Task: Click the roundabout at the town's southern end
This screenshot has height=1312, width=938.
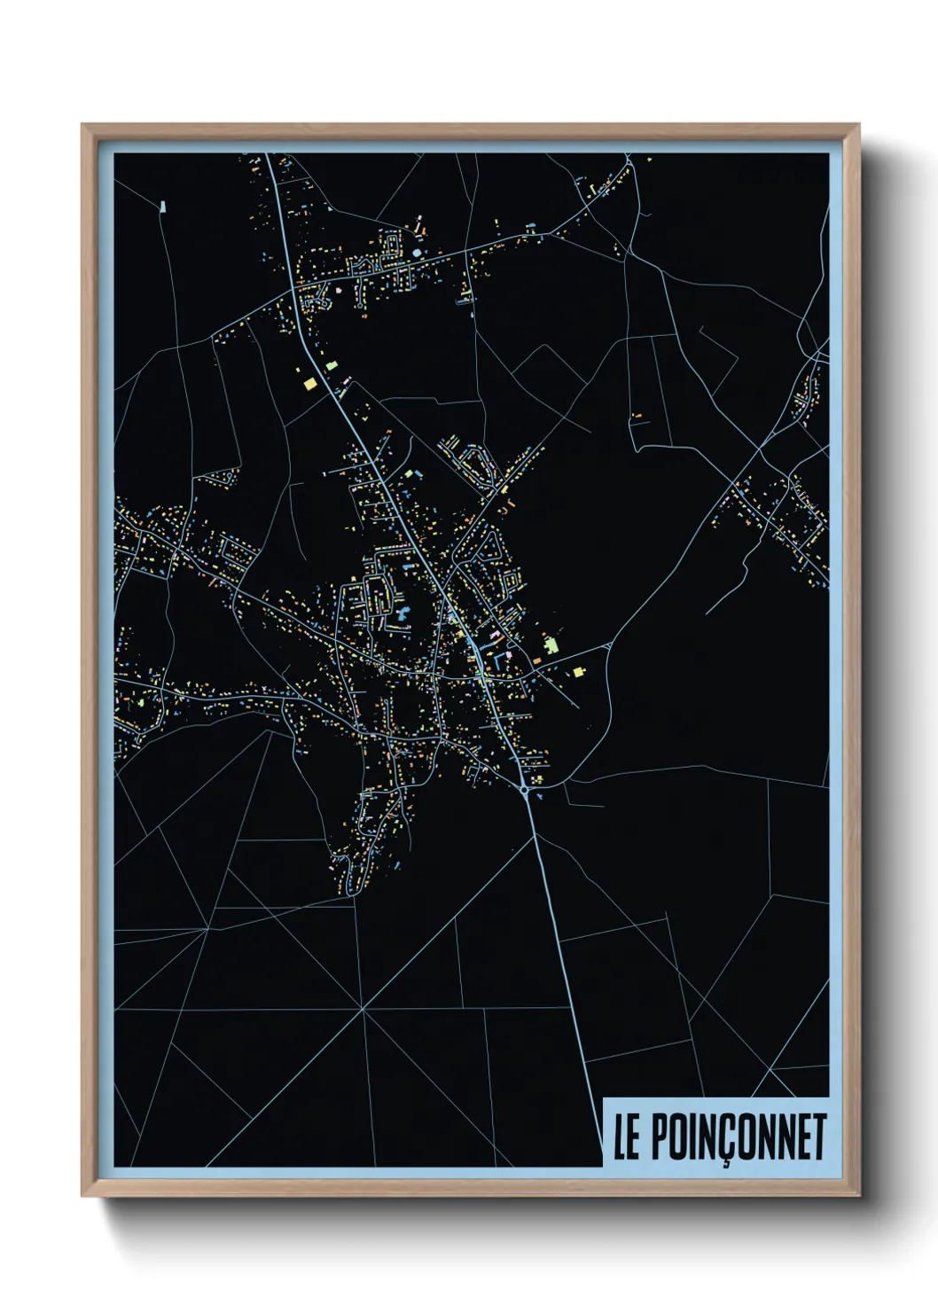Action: pyautogui.click(x=525, y=788)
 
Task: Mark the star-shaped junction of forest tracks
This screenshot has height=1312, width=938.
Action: pyautogui.click(x=362, y=1009)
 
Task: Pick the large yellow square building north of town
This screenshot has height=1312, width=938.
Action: pyautogui.click(x=309, y=383)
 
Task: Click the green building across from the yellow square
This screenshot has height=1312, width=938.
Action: pyautogui.click(x=332, y=364)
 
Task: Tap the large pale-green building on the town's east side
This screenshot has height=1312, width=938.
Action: pyautogui.click(x=551, y=644)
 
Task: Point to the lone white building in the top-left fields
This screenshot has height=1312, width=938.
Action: pyautogui.click(x=163, y=207)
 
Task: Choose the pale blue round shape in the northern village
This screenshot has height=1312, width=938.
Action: pyautogui.click(x=416, y=253)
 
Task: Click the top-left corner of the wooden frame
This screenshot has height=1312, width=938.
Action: pyautogui.click(x=83, y=126)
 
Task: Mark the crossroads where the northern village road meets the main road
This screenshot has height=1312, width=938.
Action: pyautogui.click(x=293, y=289)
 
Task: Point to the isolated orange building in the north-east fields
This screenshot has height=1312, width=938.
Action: pyautogui.click(x=636, y=415)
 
